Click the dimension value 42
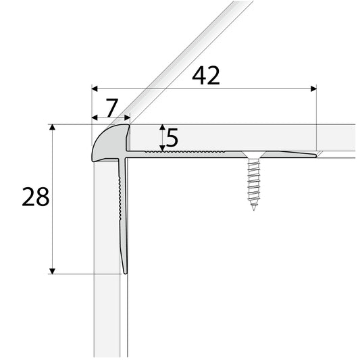pos(206,76)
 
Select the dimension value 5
pos(172,138)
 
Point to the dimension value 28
pos(35,197)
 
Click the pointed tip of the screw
pos(254,209)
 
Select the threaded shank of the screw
pos(254,182)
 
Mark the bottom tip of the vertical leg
pos(125,272)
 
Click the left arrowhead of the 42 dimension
pos(95,88)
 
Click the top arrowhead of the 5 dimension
pos(161,128)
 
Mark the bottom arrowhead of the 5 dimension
pos(161,148)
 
